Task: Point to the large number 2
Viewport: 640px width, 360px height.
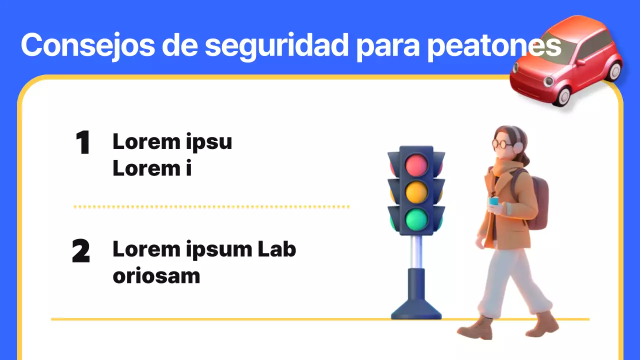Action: (81, 251)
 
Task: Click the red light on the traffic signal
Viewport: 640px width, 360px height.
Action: (416, 164)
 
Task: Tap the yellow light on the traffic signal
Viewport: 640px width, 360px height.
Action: (416, 191)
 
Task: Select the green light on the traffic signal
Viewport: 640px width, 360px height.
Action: (416, 219)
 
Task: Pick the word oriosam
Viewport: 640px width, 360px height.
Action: (156, 276)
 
